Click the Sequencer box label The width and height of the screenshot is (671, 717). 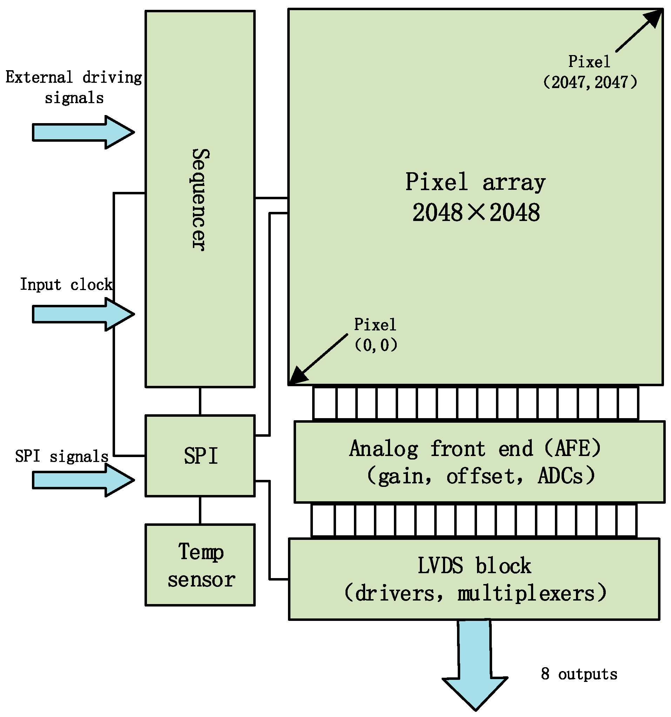[x=199, y=200]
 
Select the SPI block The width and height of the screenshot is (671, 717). [x=200, y=456]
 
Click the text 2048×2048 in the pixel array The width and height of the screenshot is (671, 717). [x=476, y=213]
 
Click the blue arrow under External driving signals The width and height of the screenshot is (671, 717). [x=83, y=132]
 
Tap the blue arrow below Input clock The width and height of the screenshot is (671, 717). [x=83, y=314]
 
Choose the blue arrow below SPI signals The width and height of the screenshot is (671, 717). [x=83, y=480]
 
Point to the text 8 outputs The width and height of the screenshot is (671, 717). [x=579, y=674]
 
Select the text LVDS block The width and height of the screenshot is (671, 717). [x=474, y=565]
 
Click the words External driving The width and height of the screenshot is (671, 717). [x=74, y=78]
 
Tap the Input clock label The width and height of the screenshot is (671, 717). [x=66, y=284]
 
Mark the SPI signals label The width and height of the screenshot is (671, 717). [x=62, y=456]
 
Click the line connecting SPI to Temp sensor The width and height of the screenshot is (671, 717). [x=200, y=510]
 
